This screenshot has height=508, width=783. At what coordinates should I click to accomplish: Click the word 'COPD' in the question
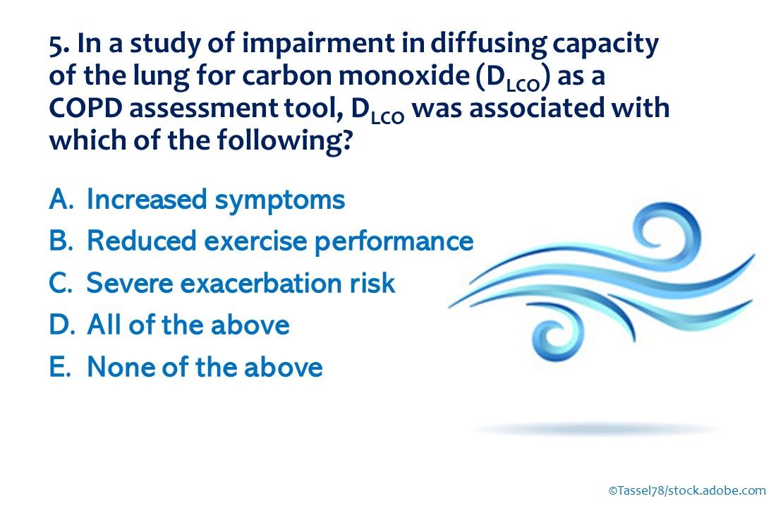85,109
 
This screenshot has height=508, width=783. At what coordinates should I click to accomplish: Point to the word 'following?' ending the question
285,141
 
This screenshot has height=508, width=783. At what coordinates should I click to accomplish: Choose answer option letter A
61,199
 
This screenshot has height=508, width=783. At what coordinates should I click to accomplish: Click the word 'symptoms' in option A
279,201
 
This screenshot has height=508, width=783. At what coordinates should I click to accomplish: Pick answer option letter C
61,283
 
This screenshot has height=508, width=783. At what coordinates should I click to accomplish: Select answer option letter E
59,367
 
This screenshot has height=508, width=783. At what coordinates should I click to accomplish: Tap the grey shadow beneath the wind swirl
594,429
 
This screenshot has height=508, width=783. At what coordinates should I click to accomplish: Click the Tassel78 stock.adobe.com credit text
686,490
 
